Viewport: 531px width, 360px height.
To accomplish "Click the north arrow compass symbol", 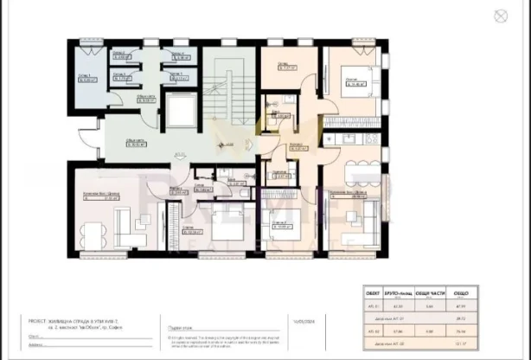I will tap(499, 15).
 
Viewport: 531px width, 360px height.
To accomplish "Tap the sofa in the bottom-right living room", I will tap(369, 222).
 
